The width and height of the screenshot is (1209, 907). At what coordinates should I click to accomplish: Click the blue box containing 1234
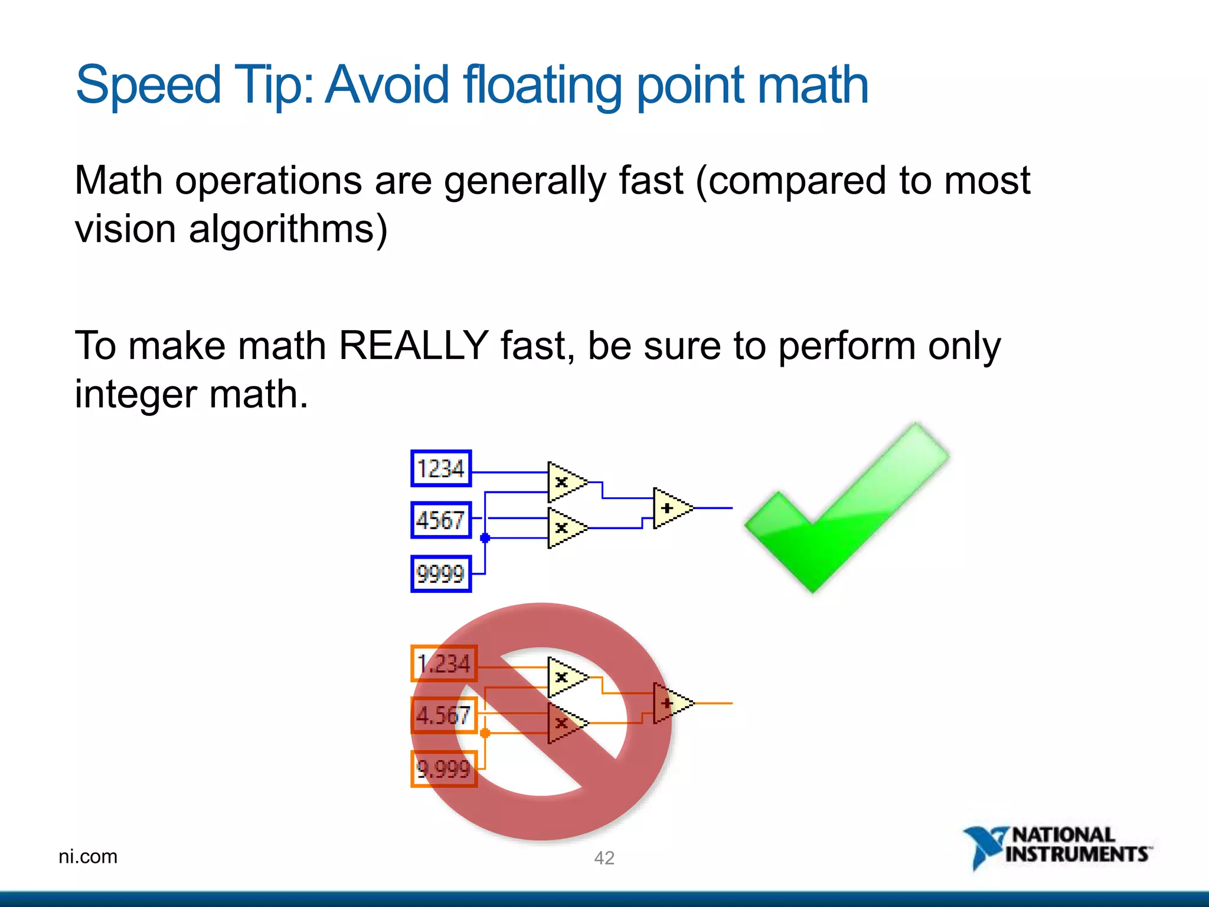441,468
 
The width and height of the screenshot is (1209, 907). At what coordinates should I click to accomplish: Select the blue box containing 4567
441,520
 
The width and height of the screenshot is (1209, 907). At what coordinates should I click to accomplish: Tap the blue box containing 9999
441,573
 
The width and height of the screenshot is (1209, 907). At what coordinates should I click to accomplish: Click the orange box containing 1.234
444,664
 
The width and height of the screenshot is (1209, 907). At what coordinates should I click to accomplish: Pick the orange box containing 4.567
444,715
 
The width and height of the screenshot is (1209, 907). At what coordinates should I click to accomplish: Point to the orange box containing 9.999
444,769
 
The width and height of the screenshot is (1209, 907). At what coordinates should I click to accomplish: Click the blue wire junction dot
485,538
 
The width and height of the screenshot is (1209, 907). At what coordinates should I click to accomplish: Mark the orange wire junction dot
485,733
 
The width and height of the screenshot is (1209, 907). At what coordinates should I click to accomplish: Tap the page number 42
604,858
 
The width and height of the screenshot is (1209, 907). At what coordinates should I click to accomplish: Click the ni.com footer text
88,856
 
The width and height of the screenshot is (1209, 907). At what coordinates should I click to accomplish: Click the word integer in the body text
135,394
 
